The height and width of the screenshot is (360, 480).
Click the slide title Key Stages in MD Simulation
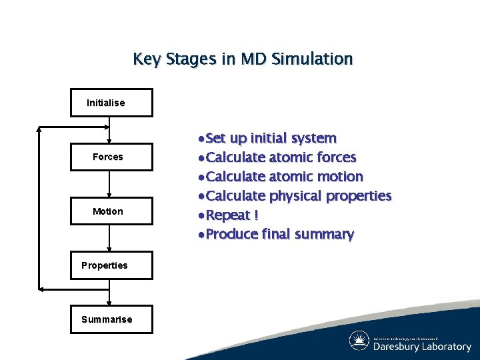pos(243,59)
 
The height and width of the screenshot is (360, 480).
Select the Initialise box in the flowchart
pos(111,103)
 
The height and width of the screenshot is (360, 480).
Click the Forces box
pos(111,157)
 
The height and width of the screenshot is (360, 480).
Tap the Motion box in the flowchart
pos(111,211)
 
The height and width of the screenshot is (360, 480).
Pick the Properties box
pos(111,265)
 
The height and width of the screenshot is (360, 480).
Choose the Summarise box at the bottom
pos(111,319)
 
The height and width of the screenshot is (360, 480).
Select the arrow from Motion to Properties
pos(109,238)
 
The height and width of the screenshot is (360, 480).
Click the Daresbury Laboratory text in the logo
pos(422,347)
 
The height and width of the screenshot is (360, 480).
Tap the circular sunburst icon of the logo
pos(359,341)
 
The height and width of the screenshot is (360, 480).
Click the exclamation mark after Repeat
pos(255,215)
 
